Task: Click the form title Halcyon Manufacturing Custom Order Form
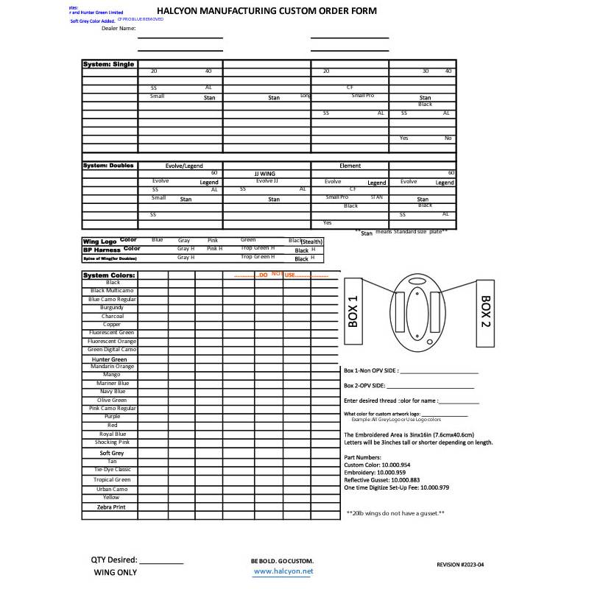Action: pos(267,11)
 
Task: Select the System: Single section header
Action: pos(108,65)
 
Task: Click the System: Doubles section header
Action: pos(109,166)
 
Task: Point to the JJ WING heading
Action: pos(266,174)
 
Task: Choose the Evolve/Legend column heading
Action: pos(184,166)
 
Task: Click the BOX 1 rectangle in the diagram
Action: pos(353,311)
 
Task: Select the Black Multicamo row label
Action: pos(113,291)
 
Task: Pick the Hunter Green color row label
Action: pos(110,359)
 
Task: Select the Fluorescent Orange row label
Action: pos(112,341)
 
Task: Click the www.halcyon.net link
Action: pos(283,571)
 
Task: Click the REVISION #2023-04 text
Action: pos(460,564)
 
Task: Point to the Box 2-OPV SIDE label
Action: pos(364,386)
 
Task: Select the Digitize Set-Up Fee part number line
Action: pos(396,487)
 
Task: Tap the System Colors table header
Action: pos(109,275)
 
